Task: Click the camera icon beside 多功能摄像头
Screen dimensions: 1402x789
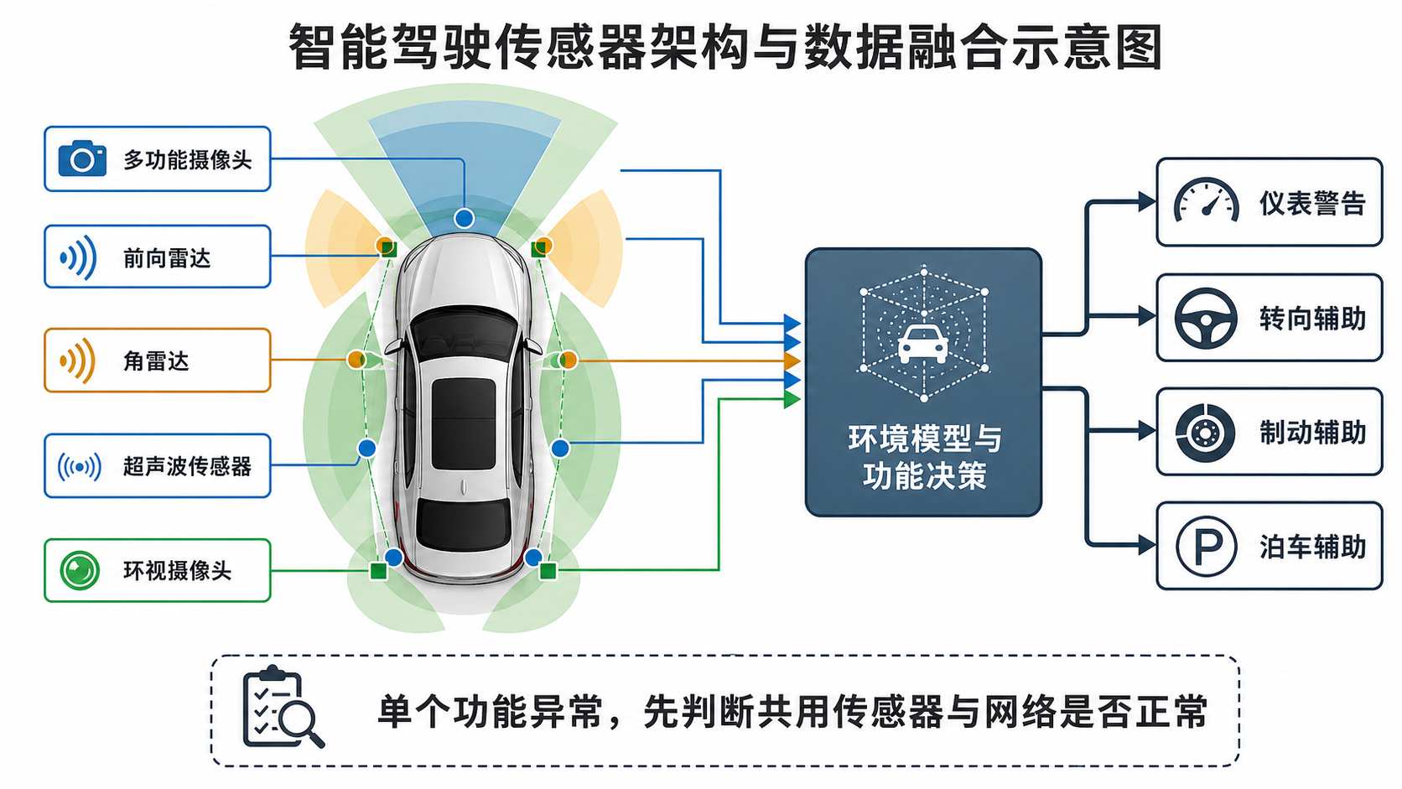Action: click(x=82, y=158)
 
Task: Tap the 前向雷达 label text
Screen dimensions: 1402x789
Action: click(x=167, y=257)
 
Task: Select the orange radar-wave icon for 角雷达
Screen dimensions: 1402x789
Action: click(x=78, y=361)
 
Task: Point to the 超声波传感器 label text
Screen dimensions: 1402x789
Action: click(x=187, y=466)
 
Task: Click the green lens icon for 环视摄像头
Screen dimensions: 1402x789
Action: click(x=80, y=570)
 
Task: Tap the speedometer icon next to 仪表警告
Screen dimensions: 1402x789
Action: click(x=1206, y=201)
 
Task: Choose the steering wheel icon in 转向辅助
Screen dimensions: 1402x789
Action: click(x=1206, y=318)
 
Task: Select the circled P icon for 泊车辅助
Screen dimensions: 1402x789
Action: click(x=1206, y=546)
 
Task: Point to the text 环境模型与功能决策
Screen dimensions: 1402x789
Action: click(x=925, y=457)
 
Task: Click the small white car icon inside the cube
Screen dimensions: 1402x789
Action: click(x=922, y=344)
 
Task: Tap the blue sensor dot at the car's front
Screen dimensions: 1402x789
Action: click(x=465, y=218)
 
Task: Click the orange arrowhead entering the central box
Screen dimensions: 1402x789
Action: click(x=792, y=361)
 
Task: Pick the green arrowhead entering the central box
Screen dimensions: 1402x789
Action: click(x=792, y=398)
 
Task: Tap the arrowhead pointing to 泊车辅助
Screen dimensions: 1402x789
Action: click(x=1147, y=545)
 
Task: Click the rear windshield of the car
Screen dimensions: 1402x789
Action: click(x=464, y=524)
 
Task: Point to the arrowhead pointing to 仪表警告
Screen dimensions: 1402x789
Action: click(x=1147, y=201)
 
